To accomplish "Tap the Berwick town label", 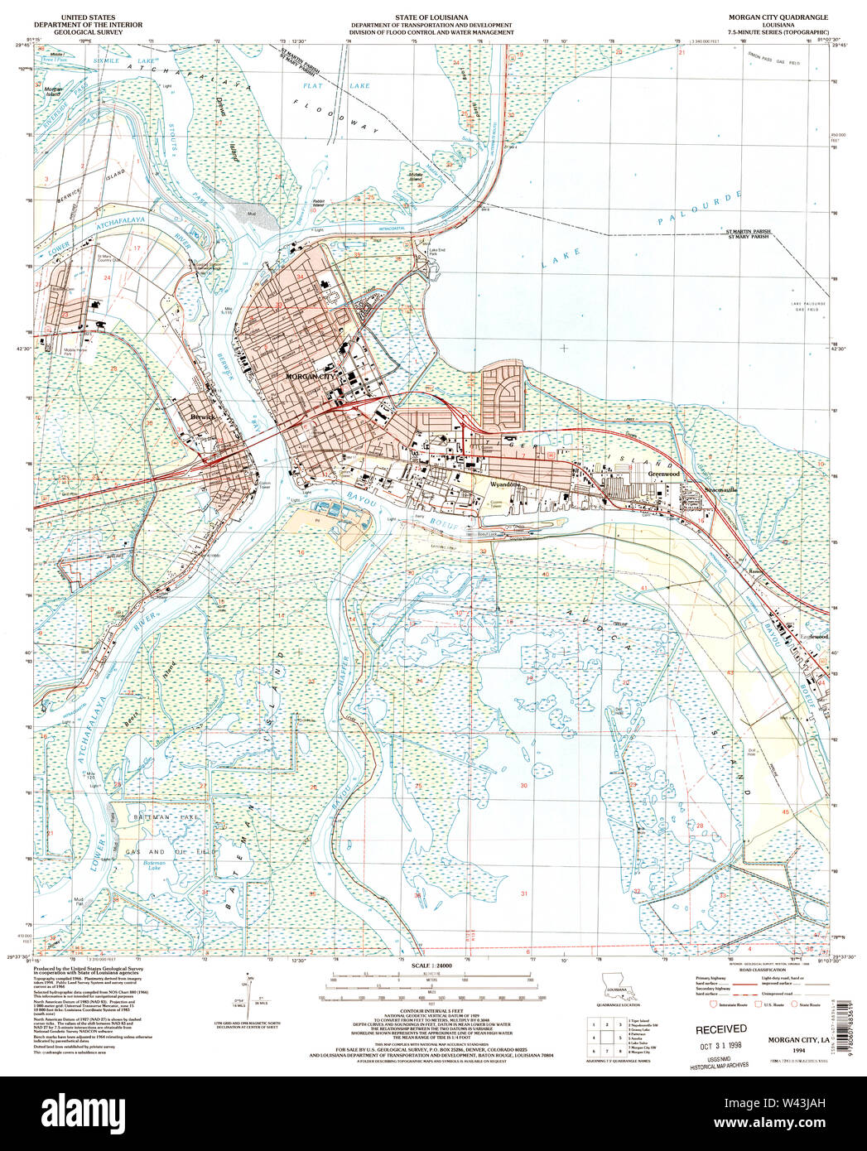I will (202, 417).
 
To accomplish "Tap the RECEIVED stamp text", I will (720, 1028).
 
